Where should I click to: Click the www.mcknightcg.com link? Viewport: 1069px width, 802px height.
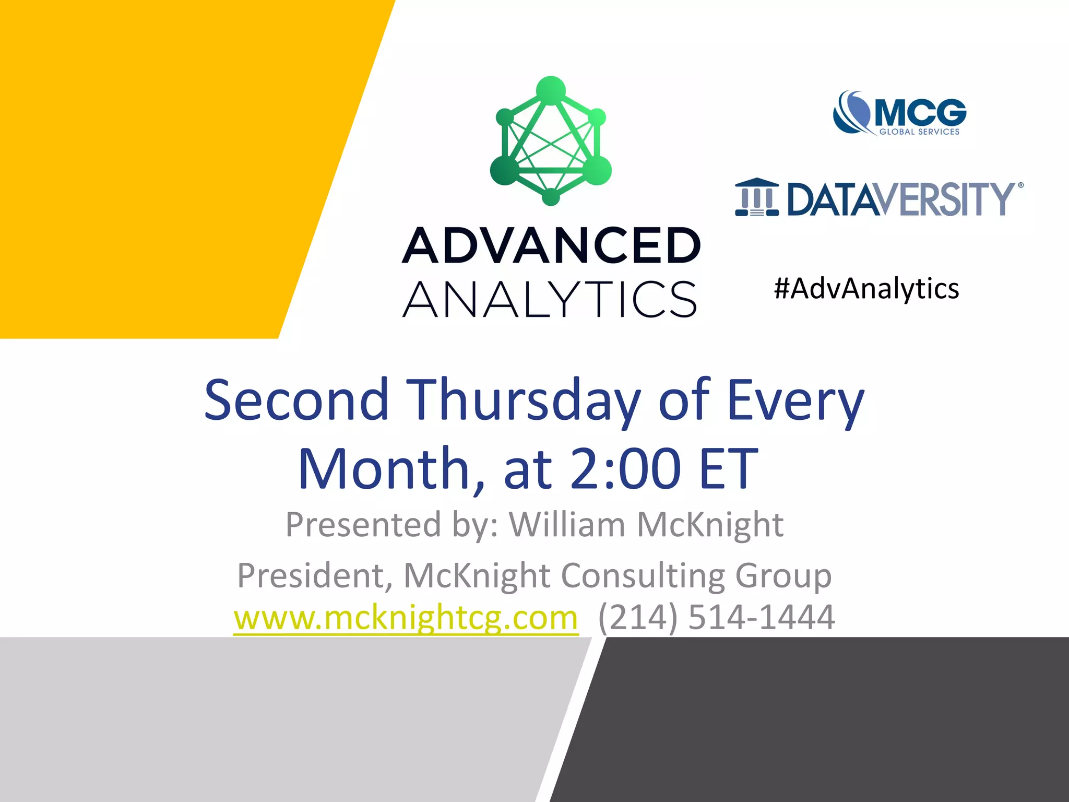(x=406, y=618)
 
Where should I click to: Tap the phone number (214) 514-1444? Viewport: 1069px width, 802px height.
(x=716, y=618)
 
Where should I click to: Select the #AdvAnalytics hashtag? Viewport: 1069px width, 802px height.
(x=866, y=289)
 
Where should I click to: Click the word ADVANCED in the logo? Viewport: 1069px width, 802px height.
(x=551, y=245)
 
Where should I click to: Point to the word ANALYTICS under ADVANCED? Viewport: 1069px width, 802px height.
(x=550, y=299)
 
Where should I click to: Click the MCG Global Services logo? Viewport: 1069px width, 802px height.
(x=899, y=113)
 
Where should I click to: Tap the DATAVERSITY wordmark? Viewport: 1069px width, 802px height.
(x=900, y=199)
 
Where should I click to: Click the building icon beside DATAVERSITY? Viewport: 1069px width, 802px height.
(x=757, y=197)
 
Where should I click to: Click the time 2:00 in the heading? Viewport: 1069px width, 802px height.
(x=625, y=468)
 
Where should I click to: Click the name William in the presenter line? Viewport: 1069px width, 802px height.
(x=567, y=524)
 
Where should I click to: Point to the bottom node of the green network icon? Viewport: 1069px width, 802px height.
(x=551, y=197)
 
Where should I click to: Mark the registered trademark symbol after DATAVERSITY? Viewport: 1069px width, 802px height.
(x=1020, y=185)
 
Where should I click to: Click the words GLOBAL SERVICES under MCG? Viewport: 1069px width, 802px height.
(x=919, y=132)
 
